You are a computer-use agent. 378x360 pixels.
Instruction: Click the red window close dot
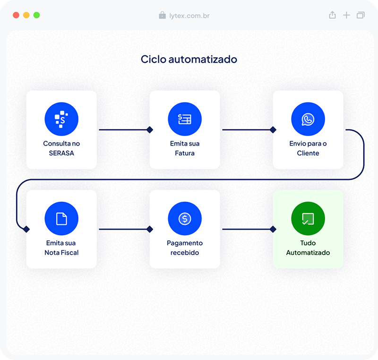[16, 15]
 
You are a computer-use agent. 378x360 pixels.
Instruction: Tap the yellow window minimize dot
[26, 15]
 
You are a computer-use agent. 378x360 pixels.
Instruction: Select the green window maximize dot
[37, 15]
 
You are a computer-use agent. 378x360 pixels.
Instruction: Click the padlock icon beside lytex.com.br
[162, 15]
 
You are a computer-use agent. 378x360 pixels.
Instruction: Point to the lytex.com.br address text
[189, 16]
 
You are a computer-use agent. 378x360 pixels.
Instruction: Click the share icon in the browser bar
[333, 15]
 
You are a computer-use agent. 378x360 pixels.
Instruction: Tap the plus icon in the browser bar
[346, 15]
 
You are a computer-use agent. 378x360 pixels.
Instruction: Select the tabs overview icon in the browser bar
[361, 15]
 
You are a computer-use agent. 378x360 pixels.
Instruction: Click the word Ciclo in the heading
[154, 59]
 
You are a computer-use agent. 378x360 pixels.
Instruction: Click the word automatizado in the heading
[203, 59]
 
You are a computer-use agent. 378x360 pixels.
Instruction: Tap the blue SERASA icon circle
[61, 119]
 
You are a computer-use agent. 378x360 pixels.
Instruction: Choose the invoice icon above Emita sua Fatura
[185, 119]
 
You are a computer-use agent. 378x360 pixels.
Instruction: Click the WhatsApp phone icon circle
[308, 119]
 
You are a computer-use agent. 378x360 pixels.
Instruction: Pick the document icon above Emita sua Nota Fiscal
[61, 219]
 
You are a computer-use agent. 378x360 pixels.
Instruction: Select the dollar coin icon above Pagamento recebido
[185, 219]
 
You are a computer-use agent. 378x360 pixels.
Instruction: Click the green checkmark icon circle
[308, 219]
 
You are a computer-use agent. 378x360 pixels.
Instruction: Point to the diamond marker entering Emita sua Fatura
[150, 130]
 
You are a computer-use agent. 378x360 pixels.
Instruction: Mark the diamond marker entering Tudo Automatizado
[273, 229]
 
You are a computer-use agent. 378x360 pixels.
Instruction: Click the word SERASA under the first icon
[61, 153]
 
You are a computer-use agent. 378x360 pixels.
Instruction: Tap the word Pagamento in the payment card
[185, 243]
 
